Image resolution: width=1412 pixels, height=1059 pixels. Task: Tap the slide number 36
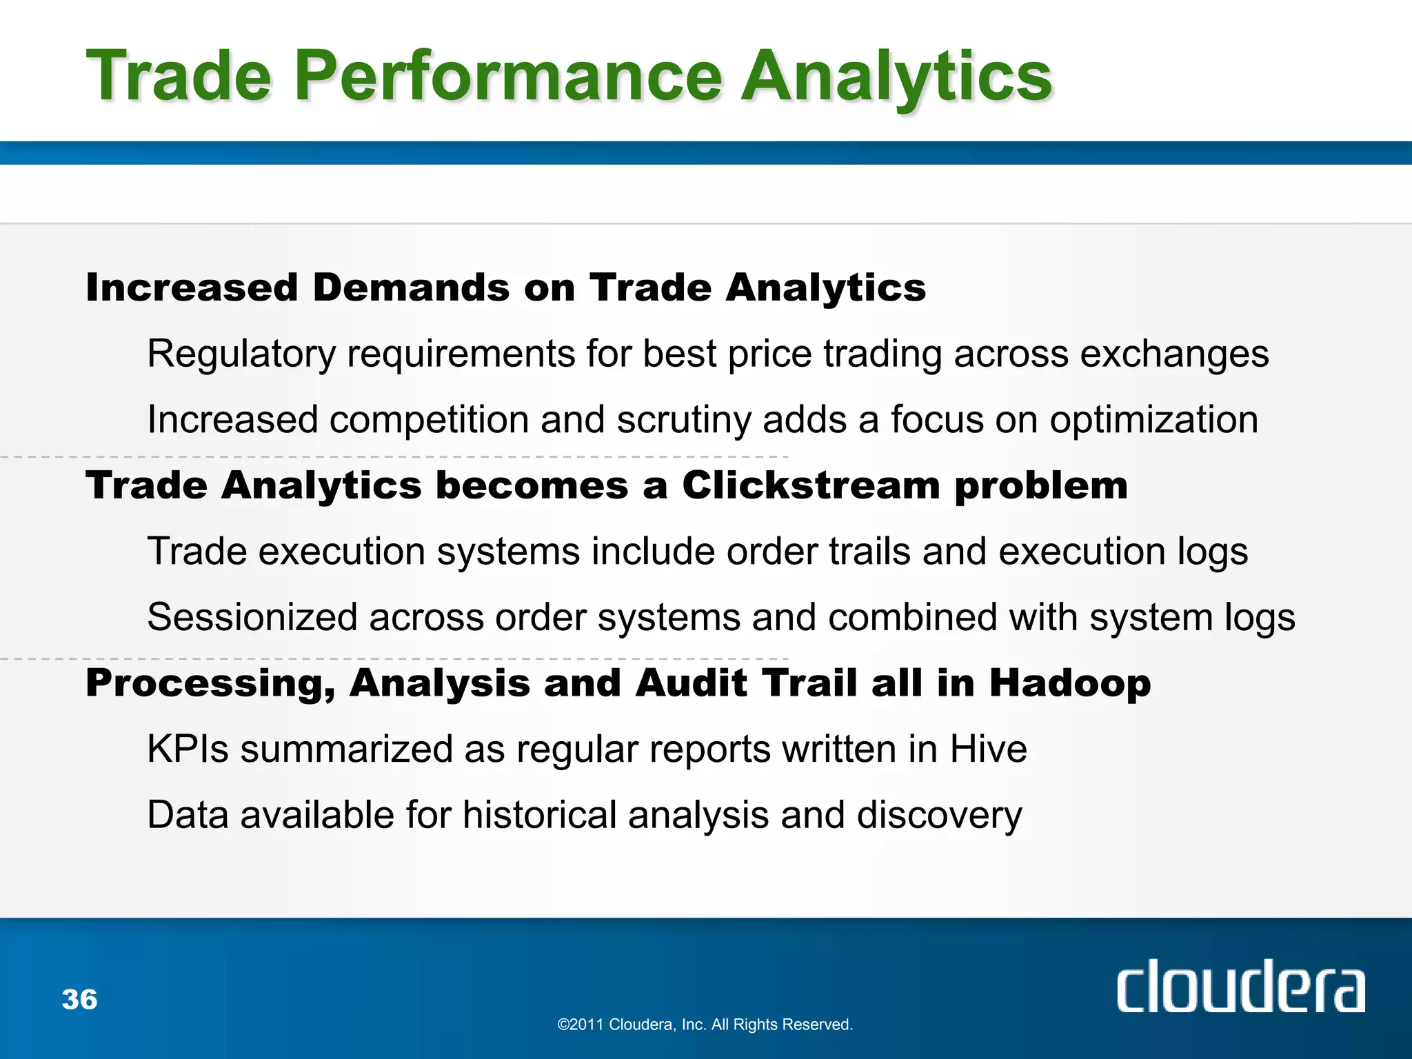[x=79, y=999]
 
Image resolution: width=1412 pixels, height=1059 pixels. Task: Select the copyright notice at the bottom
[x=705, y=1025]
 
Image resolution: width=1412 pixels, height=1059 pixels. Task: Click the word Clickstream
[x=811, y=485]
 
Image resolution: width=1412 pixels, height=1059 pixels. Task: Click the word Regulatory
[x=241, y=354]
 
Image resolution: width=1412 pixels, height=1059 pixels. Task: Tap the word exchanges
[x=1173, y=354]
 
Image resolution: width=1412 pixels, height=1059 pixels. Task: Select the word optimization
[x=1153, y=420]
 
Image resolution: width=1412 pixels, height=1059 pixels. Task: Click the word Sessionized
[x=252, y=617]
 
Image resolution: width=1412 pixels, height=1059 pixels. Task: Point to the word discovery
[x=939, y=816]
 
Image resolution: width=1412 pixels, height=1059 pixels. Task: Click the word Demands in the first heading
[x=411, y=288]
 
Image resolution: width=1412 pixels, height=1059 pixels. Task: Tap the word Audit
[x=690, y=683]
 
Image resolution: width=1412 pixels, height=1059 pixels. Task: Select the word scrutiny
[x=683, y=421]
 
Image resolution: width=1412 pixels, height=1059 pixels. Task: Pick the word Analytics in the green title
[x=896, y=78]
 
